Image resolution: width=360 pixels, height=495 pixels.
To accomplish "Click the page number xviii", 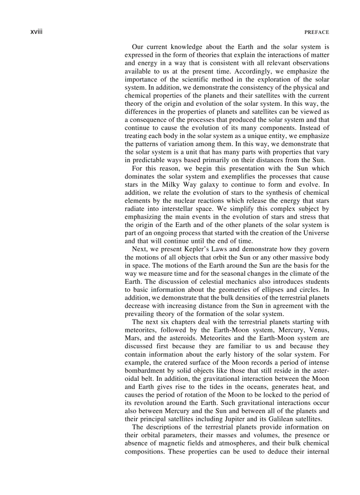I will [36, 32].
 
